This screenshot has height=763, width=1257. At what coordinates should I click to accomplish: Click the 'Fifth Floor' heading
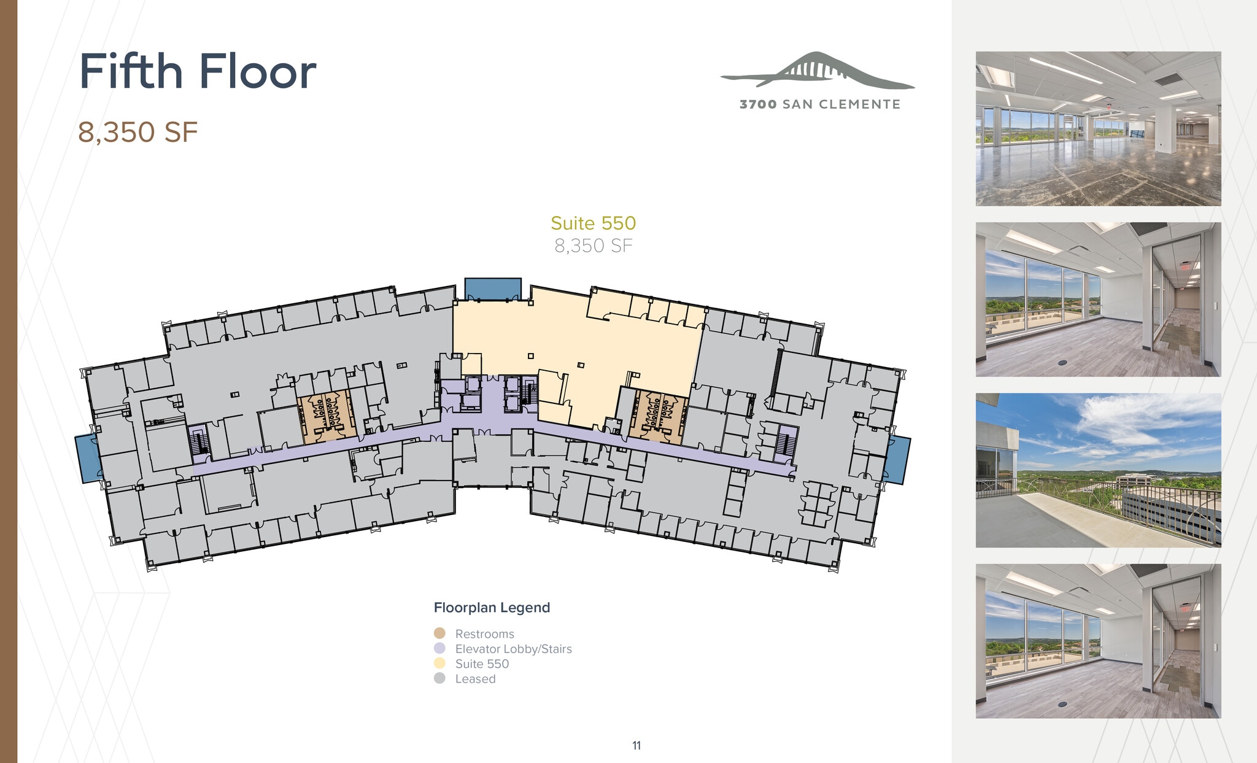tap(197, 72)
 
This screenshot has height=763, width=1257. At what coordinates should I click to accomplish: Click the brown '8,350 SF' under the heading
tap(137, 132)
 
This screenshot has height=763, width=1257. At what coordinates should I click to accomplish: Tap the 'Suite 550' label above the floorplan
tap(593, 223)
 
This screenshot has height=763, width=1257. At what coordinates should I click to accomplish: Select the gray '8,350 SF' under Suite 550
tap(593, 246)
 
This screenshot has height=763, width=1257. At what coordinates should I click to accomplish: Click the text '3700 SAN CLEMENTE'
tap(819, 104)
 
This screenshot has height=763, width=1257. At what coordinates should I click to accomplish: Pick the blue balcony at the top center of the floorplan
tap(492, 289)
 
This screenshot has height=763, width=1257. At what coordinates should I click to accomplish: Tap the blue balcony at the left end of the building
tap(88, 459)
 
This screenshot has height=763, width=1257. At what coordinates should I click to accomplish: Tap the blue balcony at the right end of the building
tap(897, 460)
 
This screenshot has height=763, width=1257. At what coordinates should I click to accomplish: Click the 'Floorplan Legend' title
tap(492, 608)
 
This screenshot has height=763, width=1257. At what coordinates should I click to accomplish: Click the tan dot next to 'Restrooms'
tap(439, 633)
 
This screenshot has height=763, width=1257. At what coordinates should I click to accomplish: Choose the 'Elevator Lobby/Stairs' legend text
tap(513, 649)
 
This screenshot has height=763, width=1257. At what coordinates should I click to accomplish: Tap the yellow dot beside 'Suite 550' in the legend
tap(439, 664)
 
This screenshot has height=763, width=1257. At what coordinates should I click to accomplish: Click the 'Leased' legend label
tap(475, 679)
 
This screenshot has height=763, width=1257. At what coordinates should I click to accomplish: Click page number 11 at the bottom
tap(636, 745)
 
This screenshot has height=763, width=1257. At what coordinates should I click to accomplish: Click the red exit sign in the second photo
tap(1185, 267)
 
